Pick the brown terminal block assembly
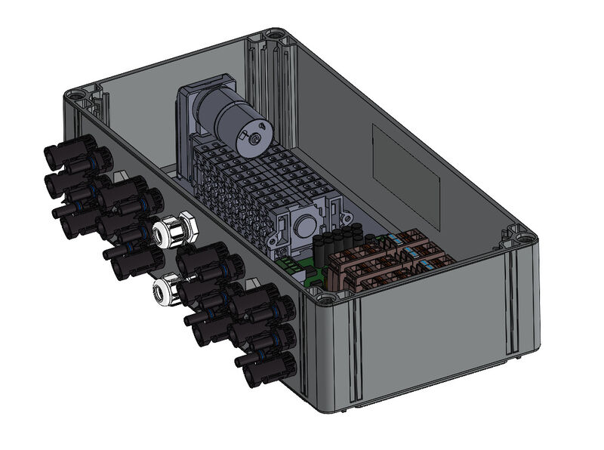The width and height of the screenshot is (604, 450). point(393,260)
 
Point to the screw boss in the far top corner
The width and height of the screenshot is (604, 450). point(273,35)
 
